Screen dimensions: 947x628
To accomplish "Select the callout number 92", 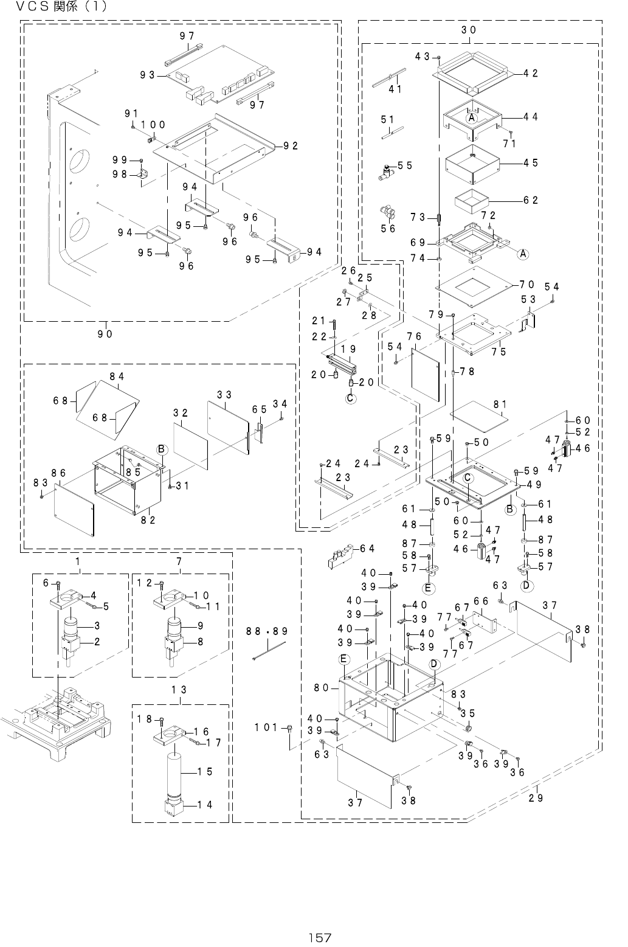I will [x=290, y=146].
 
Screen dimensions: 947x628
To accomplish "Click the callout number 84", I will [x=117, y=376].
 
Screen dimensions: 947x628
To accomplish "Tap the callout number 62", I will [x=531, y=200].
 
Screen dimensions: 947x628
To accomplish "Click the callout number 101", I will [x=266, y=727].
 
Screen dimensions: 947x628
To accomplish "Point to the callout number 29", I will [x=536, y=797].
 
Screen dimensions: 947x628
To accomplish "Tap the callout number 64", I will [x=367, y=549].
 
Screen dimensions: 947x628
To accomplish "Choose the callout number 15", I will [x=205, y=771].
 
